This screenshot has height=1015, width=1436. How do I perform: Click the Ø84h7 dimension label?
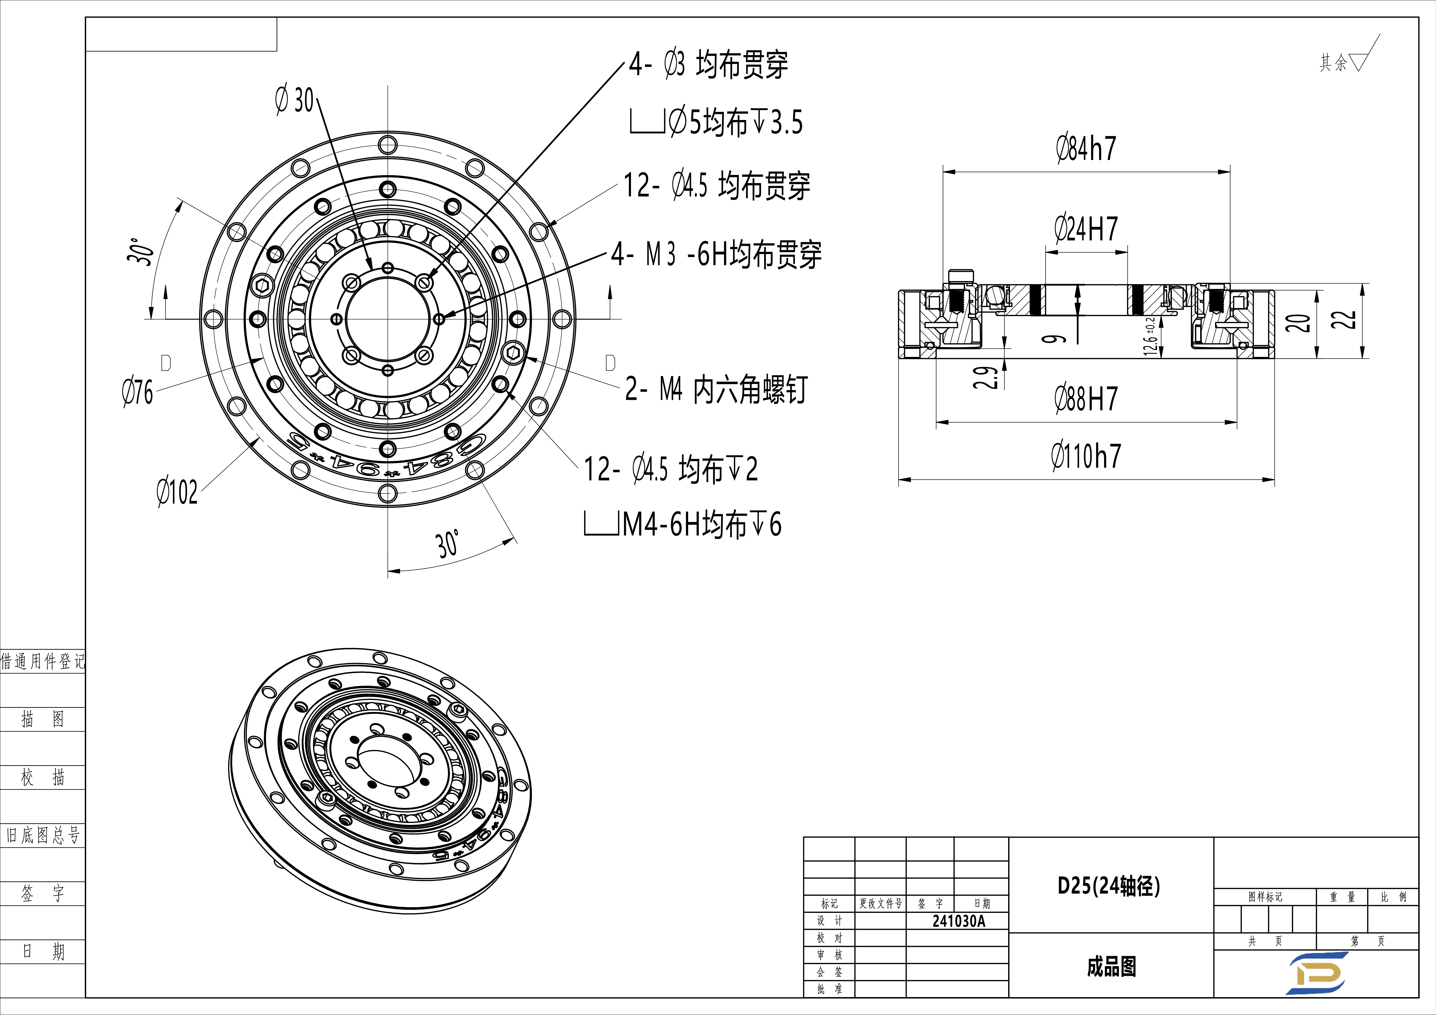point(1086,149)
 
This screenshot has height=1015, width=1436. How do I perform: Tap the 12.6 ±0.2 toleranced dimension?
point(1149,336)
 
